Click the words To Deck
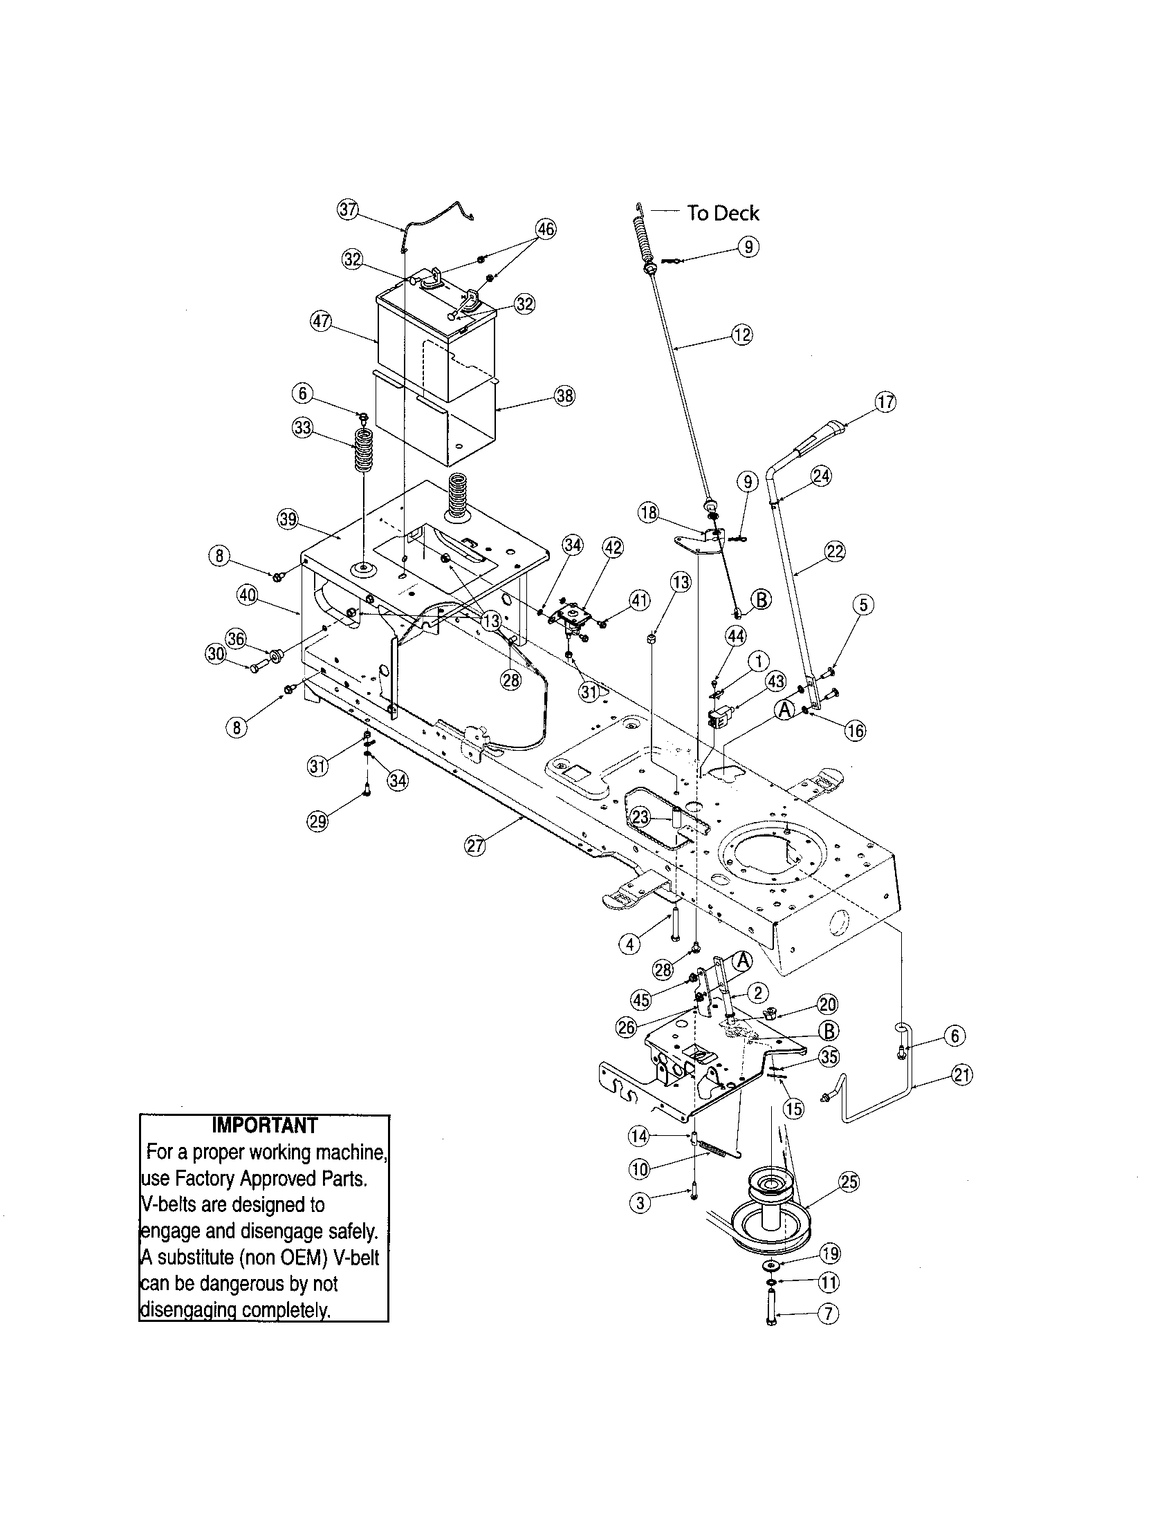(x=722, y=213)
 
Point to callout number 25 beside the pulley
(x=850, y=1182)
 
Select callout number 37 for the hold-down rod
(x=348, y=209)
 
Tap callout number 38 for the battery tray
(x=564, y=395)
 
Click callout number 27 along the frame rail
(x=474, y=846)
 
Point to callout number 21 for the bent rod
(x=962, y=1075)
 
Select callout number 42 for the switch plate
(x=612, y=548)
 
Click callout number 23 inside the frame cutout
(x=641, y=817)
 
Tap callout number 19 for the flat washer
(x=829, y=1254)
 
